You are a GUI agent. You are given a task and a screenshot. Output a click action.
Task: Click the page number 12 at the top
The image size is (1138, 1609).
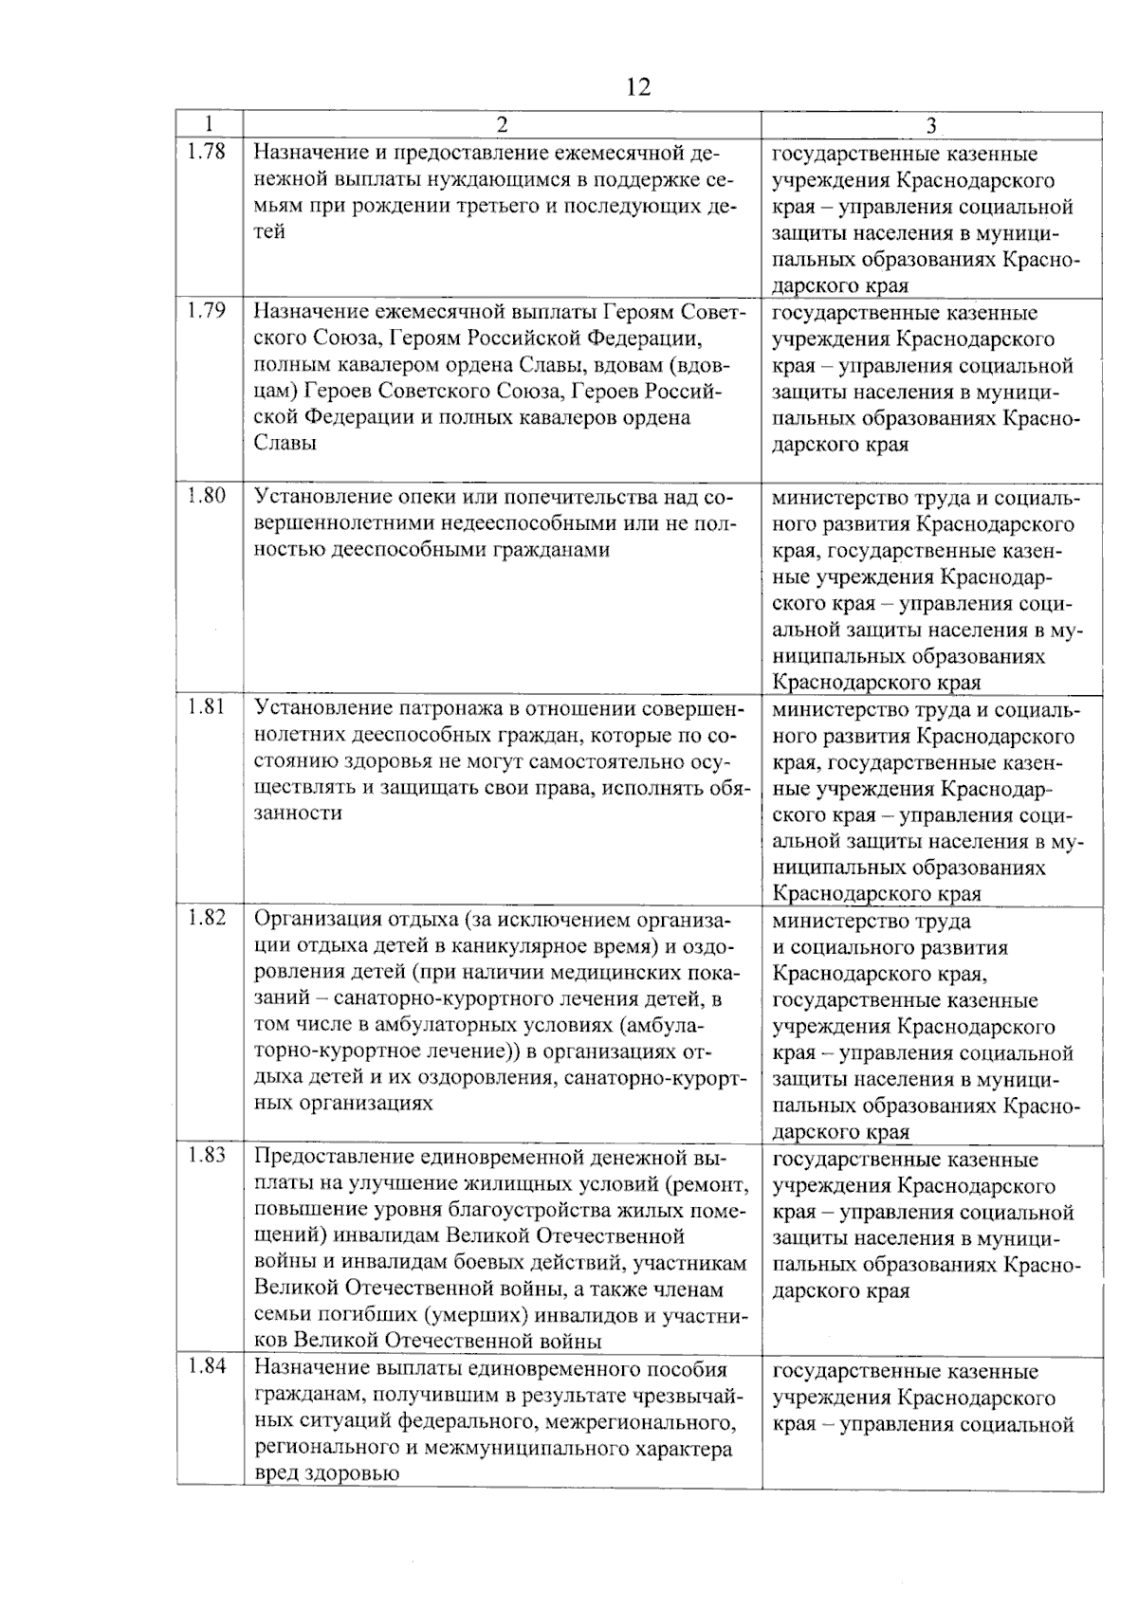point(638,88)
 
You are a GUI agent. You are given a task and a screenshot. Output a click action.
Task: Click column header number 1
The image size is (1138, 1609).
point(210,125)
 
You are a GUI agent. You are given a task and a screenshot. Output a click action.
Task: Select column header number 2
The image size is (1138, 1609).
point(502,125)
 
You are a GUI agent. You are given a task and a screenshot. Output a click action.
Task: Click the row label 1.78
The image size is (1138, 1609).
point(207,152)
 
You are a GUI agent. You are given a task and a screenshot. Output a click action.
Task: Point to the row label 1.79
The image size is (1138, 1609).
point(207,310)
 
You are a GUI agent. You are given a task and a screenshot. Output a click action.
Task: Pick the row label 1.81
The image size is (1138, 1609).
point(207,706)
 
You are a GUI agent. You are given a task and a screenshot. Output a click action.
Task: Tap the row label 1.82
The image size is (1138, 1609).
point(207,918)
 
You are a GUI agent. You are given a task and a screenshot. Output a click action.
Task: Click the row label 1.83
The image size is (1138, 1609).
point(207,1155)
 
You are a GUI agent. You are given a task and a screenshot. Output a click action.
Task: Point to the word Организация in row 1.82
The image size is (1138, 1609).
point(317,920)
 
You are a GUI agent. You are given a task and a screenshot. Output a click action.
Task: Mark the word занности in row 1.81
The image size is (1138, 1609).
point(298,814)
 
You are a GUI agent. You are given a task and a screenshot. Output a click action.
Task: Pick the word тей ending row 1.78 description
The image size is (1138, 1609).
point(269,232)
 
